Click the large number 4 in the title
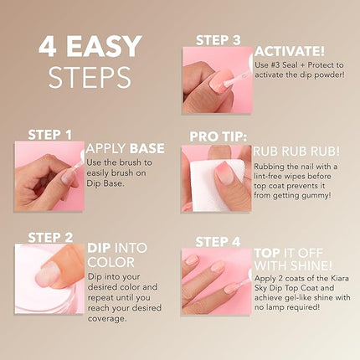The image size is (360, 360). pos(49,46)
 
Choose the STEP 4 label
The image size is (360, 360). pos(218,242)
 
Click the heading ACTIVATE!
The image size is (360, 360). pos(289,52)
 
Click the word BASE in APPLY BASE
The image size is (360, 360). pos(147,149)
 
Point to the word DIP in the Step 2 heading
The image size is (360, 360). pos(100,247)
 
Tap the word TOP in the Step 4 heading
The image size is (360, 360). pos(268,252)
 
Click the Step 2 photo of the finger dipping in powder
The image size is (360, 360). pos(49,279)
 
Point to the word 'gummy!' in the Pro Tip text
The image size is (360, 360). pos(323,202)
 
